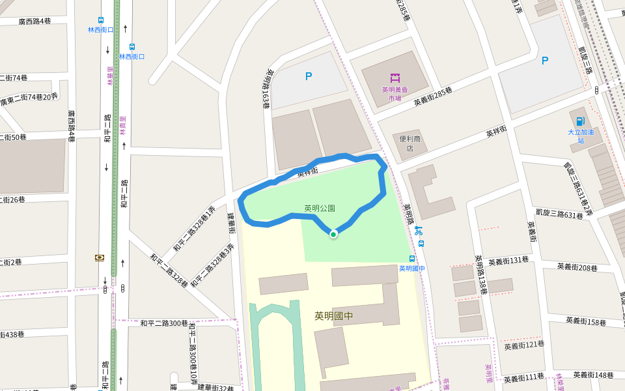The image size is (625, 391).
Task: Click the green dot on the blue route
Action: click(x=333, y=234)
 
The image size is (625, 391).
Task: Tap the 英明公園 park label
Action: click(x=320, y=209)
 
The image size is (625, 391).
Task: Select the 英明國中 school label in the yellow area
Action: click(x=333, y=316)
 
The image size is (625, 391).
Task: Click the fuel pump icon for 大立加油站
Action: click(x=580, y=121)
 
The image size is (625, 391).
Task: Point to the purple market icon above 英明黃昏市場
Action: click(x=395, y=78)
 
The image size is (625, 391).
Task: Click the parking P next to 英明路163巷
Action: click(x=309, y=76)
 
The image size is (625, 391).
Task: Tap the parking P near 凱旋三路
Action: click(x=545, y=61)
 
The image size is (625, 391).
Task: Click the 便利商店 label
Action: click(x=410, y=143)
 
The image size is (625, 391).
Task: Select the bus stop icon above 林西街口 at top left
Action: click(x=101, y=20)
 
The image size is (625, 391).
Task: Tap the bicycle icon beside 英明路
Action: click(x=418, y=231)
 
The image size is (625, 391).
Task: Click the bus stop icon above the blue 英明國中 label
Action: click(x=411, y=259)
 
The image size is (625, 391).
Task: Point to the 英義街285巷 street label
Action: click(x=432, y=98)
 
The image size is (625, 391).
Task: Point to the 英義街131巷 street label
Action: click(x=508, y=261)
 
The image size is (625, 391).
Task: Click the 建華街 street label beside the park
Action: click(x=231, y=223)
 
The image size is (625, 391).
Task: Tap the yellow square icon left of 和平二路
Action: click(x=100, y=258)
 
